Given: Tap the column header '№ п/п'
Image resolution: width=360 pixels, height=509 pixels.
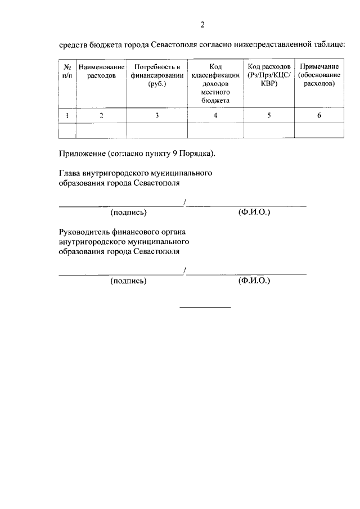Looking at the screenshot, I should coord(67,71).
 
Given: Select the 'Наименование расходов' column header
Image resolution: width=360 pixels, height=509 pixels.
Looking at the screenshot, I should coord(101,71).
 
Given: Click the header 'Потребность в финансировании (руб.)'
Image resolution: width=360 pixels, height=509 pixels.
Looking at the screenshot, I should coord(157,75).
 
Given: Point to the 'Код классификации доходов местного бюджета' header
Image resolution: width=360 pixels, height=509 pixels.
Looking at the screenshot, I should coord(215,83).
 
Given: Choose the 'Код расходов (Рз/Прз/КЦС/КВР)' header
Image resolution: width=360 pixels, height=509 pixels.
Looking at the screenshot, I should coord(269,75).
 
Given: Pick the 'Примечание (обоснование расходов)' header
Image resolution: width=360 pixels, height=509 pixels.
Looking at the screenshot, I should coord(319,75).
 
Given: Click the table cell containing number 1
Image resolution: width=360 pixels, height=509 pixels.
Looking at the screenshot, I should coord(67,115).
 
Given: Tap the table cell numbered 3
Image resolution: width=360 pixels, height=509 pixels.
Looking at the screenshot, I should coord(157,115).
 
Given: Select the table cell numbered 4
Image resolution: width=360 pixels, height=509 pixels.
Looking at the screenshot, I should coord(215,115).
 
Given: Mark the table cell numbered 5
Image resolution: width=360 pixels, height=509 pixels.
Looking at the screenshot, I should coord(269,115).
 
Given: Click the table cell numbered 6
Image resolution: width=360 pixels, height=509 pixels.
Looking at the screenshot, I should coord(319,115).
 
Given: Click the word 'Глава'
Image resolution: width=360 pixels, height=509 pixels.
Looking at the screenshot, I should coord(69,173).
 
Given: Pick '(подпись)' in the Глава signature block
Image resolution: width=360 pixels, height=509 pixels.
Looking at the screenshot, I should coord(129,213).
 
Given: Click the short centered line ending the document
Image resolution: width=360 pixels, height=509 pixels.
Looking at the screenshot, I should coord(205,307).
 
